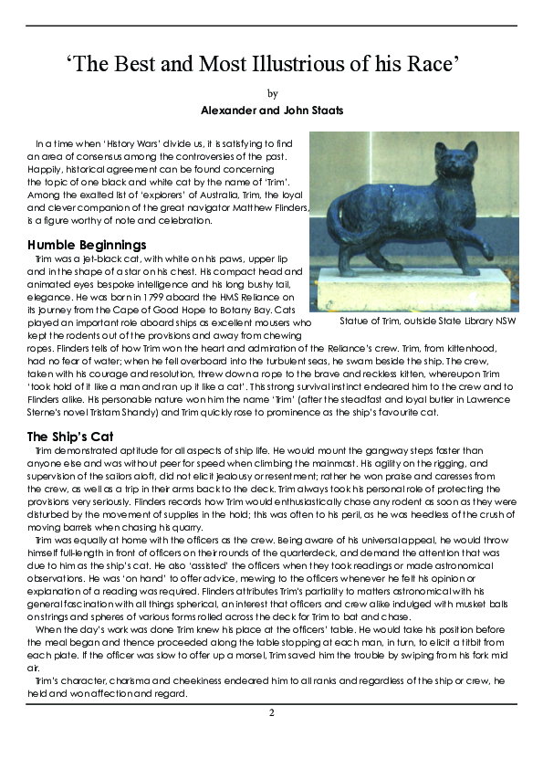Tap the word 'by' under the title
click(271, 93)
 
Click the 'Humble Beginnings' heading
click(87, 245)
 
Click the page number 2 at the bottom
click(271, 712)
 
